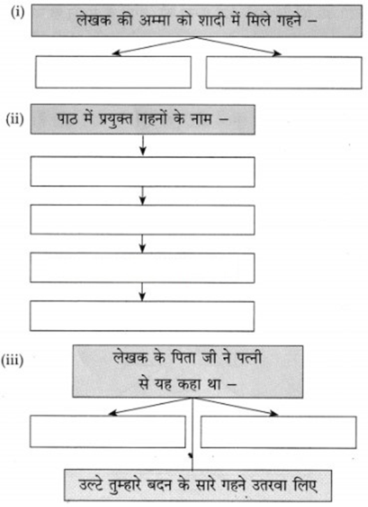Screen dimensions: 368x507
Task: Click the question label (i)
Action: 18,13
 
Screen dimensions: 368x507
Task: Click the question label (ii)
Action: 15,119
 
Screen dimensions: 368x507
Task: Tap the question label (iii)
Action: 12,360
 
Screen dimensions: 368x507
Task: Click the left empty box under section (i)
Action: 113,72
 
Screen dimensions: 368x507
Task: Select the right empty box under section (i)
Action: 284,72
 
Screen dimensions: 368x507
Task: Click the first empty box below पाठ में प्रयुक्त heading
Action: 142,172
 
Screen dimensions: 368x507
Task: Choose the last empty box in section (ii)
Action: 142,316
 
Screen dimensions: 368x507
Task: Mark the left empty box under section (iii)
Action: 108,432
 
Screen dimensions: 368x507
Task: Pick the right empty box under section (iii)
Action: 279,432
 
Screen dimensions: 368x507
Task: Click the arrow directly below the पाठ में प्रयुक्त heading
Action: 143,145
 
